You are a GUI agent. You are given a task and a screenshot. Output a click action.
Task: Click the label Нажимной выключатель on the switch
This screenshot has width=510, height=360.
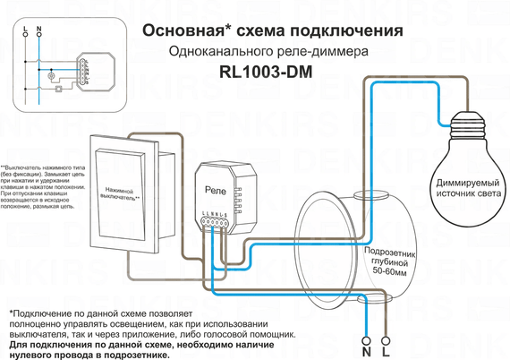tap(123, 196)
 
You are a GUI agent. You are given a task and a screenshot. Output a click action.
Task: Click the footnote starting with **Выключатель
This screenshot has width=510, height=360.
tap(44, 187)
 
